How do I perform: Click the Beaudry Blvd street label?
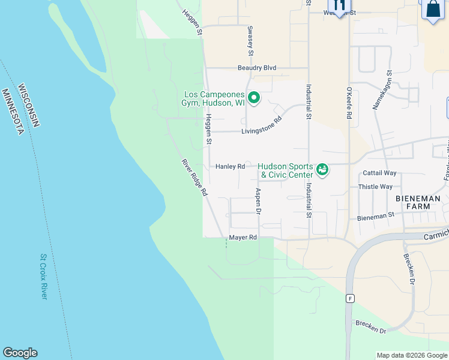[x=257, y=68]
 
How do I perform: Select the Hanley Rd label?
[x=230, y=166]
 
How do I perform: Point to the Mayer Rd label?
[x=243, y=238]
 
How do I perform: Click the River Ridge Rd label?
[x=194, y=178]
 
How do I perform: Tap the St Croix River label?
[x=43, y=277]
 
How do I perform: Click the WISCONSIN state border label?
[x=29, y=106]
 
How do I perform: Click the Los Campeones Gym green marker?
[x=254, y=97]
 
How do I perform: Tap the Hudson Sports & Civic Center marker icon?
[x=323, y=170]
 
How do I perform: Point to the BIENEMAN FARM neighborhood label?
[x=418, y=202]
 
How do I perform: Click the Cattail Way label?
[x=380, y=173]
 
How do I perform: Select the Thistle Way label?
[x=375, y=187]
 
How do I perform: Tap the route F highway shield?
[x=350, y=298]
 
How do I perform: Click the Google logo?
[x=20, y=353]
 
